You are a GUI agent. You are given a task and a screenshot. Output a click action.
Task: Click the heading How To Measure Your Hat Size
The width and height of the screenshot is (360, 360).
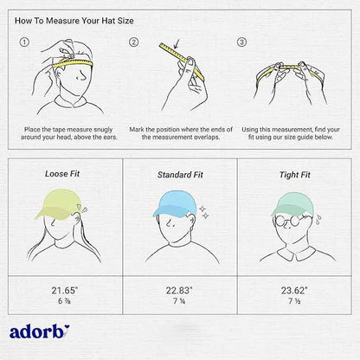click(74, 21)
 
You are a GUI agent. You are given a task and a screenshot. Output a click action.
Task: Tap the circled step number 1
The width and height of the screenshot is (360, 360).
click(24, 42)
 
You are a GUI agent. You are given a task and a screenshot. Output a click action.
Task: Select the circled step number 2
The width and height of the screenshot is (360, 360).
click(133, 42)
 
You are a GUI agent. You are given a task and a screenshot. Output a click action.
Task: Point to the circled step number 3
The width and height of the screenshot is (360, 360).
click(241, 42)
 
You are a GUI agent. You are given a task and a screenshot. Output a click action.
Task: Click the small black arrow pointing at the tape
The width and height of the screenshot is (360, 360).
click(177, 44)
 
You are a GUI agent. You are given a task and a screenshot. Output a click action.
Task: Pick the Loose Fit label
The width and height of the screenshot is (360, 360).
click(62, 174)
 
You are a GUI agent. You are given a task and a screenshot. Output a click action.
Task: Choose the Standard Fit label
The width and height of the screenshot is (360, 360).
click(180, 175)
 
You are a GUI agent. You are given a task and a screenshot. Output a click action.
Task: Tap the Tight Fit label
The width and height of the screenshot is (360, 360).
click(295, 175)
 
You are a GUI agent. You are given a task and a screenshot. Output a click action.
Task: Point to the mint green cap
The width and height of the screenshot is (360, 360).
click(292, 204)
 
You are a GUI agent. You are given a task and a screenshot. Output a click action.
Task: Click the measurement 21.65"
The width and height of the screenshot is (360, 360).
click(65, 290)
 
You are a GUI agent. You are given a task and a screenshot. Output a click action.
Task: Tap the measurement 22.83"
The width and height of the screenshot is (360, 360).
click(179, 290)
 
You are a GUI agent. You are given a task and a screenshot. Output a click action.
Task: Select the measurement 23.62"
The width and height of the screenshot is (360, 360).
click(294, 290)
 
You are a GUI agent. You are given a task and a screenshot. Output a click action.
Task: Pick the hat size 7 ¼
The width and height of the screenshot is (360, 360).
click(179, 301)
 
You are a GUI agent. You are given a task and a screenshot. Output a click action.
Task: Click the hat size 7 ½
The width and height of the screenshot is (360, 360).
click(294, 301)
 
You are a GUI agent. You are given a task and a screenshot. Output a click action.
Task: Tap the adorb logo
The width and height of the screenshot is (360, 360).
click(39, 331)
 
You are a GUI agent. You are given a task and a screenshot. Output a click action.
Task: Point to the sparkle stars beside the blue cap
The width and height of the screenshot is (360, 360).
click(204, 212)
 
